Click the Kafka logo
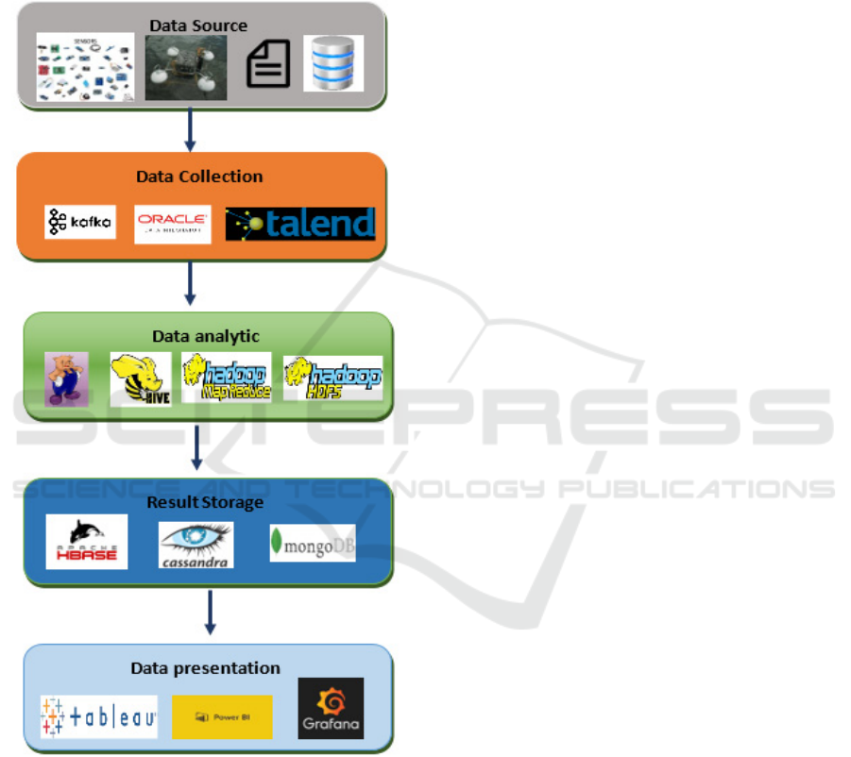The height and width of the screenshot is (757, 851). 80,222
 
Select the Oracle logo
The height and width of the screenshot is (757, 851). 172,224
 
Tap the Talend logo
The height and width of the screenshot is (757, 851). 300,224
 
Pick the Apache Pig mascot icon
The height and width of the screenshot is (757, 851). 66,379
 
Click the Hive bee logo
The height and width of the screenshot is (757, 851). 140,379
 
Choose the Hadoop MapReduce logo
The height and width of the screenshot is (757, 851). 226,378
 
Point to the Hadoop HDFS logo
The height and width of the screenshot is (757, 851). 332,378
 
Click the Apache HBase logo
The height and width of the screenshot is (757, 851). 86,542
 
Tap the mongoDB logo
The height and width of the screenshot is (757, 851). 313,543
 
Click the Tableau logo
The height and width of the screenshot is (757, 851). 98,717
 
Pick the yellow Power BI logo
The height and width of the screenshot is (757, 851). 222,717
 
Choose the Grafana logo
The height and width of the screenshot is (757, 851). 331,708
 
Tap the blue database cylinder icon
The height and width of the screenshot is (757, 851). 333,63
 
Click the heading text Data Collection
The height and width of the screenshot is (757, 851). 199,177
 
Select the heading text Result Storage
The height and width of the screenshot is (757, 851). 205,502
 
